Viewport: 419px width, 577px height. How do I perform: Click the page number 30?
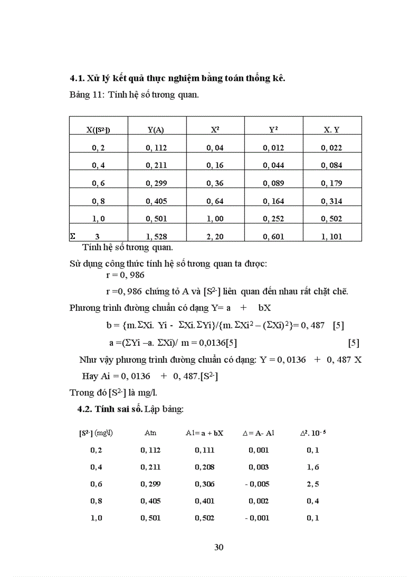tap(219, 547)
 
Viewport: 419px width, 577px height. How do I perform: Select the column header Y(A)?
tap(156, 130)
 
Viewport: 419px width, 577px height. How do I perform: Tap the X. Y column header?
tap(332, 130)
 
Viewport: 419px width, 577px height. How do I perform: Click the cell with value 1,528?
tap(157, 237)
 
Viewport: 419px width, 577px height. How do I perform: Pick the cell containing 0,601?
tap(273, 237)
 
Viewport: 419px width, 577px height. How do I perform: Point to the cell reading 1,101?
tap(332, 237)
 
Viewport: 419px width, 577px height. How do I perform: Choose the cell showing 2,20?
tap(215, 237)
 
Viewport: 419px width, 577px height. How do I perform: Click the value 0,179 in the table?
tap(332, 183)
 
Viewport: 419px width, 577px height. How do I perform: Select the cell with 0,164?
tap(273, 201)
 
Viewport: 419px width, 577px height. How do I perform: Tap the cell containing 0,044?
tap(273, 165)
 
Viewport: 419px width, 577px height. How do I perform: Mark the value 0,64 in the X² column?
tap(215, 201)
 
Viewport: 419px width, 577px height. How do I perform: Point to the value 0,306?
tap(205, 484)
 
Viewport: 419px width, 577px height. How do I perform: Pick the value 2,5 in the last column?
tap(313, 484)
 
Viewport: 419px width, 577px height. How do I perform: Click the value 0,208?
tap(205, 467)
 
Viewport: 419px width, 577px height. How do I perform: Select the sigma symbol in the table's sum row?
tap(72, 237)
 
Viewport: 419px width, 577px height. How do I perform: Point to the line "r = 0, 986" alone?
tap(125, 275)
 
